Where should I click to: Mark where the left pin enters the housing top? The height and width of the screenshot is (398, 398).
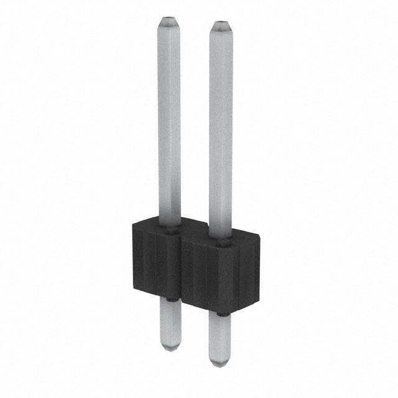170,229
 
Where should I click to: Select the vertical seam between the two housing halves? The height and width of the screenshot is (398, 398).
181,271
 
